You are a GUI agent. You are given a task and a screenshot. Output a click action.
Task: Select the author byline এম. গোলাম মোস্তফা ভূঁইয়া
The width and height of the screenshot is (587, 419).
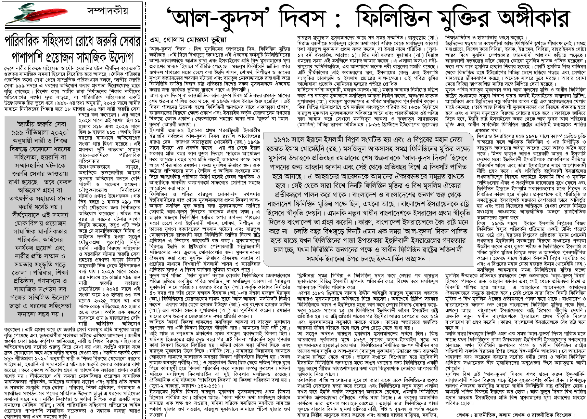(x=188, y=40)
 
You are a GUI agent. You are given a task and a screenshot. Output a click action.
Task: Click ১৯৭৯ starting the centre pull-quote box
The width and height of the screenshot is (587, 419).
(x=282, y=140)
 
